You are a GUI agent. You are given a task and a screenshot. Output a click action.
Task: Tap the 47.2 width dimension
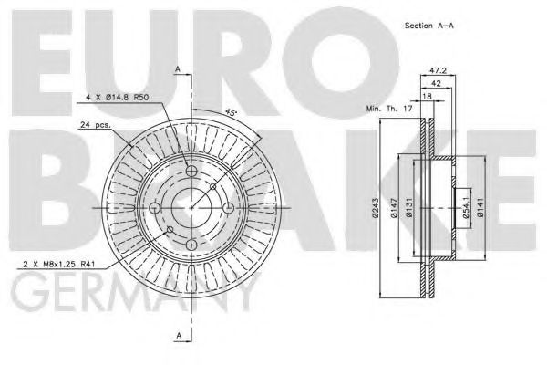point(437,68)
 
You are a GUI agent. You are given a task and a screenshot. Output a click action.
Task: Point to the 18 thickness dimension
point(426,95)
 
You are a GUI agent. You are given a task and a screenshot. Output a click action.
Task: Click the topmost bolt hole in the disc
point(190,171)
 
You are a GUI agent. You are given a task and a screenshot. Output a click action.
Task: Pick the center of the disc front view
point(190,208)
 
